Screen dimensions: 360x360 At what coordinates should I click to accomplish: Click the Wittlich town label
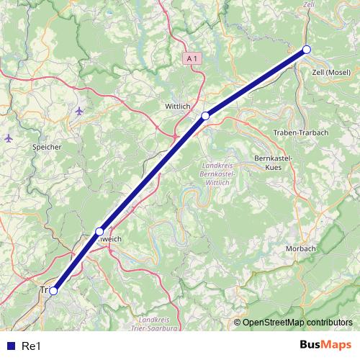point(177,106)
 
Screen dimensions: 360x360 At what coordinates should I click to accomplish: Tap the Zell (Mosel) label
point(331,73)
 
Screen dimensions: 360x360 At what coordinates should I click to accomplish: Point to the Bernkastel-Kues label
point(272,162)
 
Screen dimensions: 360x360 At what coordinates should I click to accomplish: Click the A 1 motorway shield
point(191,57)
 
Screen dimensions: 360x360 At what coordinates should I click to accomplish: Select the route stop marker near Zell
point(306,49)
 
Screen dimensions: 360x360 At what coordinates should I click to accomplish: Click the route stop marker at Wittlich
point(205,115)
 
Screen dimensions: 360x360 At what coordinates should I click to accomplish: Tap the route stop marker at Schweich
point(99,231)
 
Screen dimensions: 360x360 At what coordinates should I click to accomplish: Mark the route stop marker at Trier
point(53,291)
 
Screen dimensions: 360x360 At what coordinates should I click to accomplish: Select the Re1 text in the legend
point(30,346)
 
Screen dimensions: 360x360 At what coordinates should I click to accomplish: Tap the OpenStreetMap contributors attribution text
point(297,323)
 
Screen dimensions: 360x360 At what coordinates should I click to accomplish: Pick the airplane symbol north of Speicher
point(78,112)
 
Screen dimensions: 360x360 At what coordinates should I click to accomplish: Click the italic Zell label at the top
point(309,4)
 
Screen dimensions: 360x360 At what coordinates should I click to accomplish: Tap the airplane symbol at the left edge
point(8,137)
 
